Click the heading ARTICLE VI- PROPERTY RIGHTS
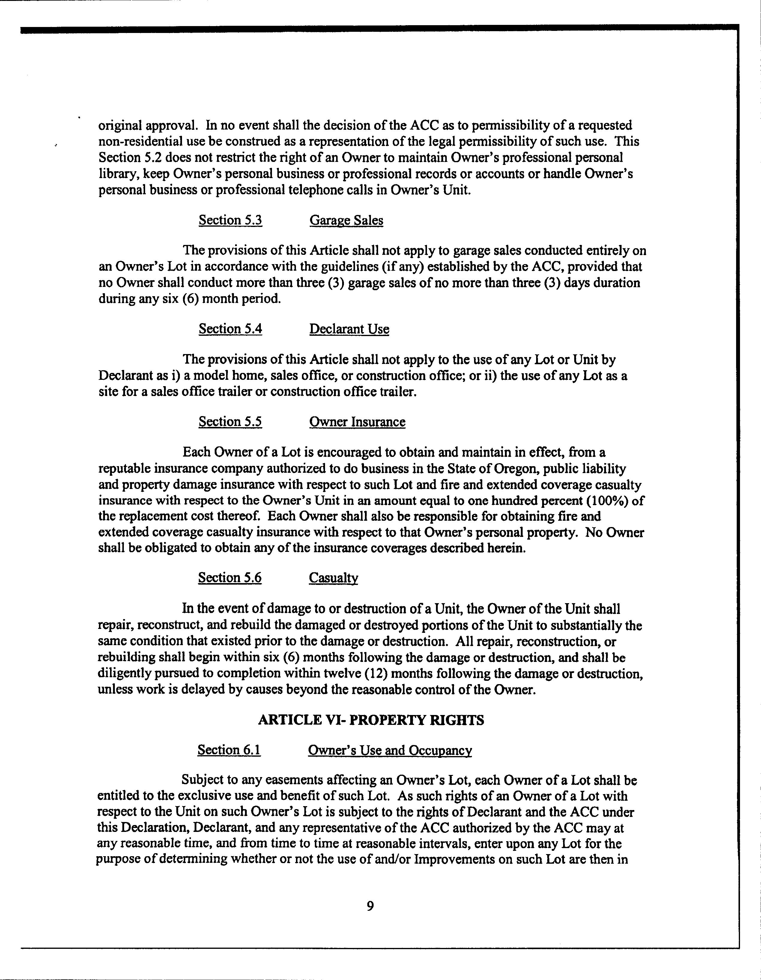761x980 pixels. click(371, 720)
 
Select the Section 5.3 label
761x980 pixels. click(230, 220)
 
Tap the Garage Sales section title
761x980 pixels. click(346, 220)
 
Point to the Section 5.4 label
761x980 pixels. click(230, 329)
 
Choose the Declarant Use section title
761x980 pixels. click(349, 329)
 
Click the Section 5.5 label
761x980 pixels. click(230, 422)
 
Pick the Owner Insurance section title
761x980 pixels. click(357, 422)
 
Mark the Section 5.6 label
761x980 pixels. click(230, 577)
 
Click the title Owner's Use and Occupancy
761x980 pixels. click(389, 751)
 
